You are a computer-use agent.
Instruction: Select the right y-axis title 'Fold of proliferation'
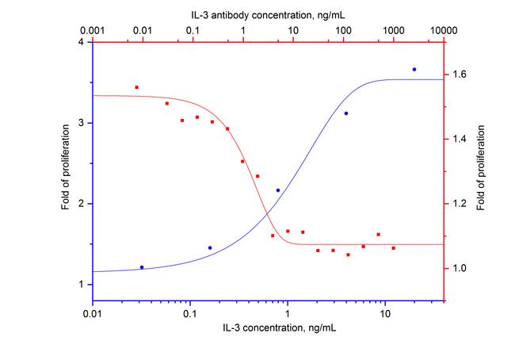point(483,172)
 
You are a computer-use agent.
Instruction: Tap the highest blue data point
point(414,70)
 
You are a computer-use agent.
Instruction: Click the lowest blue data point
point(142,267)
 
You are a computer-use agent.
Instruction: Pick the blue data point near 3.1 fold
point(346,113)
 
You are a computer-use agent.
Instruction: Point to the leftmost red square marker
point(136,87)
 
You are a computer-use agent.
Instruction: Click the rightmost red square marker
point(393,248)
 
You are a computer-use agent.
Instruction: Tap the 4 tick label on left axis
point(82,42)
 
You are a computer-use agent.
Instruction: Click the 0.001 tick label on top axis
point(93,29)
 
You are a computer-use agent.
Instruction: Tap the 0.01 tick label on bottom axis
point(93,314)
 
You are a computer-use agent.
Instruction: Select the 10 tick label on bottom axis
point(385,314)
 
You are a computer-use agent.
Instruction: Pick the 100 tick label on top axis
point(343,29)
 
